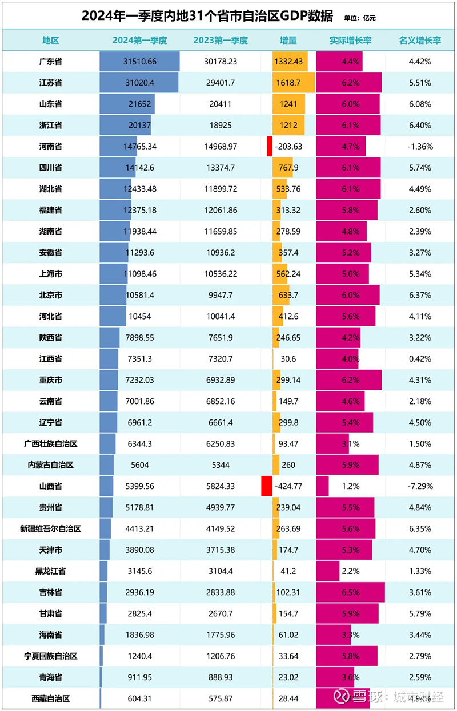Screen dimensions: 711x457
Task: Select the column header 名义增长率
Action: [420, 41]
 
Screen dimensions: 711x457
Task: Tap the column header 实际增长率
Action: [350, 41]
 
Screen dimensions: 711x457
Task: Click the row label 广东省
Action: [50, 62]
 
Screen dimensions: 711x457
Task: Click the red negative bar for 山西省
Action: [266, 486]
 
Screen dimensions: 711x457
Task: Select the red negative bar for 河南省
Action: [269, 146]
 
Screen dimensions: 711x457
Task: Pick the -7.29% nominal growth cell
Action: [420, 487]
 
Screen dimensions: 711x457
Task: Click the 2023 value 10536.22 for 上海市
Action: [219, 274]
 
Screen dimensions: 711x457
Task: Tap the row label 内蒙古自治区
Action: [50, 465]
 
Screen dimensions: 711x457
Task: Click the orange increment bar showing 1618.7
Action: [294, 83]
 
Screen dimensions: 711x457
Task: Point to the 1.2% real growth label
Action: [350, 487]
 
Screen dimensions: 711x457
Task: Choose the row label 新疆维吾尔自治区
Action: [50, 529]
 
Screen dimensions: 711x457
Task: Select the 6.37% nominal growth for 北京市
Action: [420, 295]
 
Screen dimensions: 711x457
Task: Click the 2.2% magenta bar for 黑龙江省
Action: [328, 571]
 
